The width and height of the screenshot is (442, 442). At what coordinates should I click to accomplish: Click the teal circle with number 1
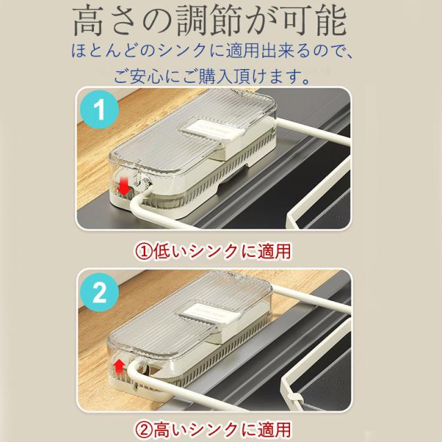click(x=99, y=109)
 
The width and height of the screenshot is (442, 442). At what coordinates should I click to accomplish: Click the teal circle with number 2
click(x=99, y=292)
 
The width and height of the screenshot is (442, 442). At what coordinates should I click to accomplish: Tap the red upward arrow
click(x=119, y=367)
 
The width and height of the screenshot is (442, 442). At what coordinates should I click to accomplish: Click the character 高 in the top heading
click(x=88, y=22)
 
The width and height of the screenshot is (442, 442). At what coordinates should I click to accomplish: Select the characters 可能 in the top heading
click(x=314, y=22)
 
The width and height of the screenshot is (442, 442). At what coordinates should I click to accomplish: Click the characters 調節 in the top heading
click(x=209, y=22)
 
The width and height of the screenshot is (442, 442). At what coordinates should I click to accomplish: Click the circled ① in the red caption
click(x=144, y=251)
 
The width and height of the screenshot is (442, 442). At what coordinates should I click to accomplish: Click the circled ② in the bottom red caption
click(x=144, y=430)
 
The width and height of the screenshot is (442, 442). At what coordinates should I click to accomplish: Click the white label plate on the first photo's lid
click(x=210, y=132)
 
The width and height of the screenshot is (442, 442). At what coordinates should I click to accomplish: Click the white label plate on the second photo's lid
click(x=207, y=313)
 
